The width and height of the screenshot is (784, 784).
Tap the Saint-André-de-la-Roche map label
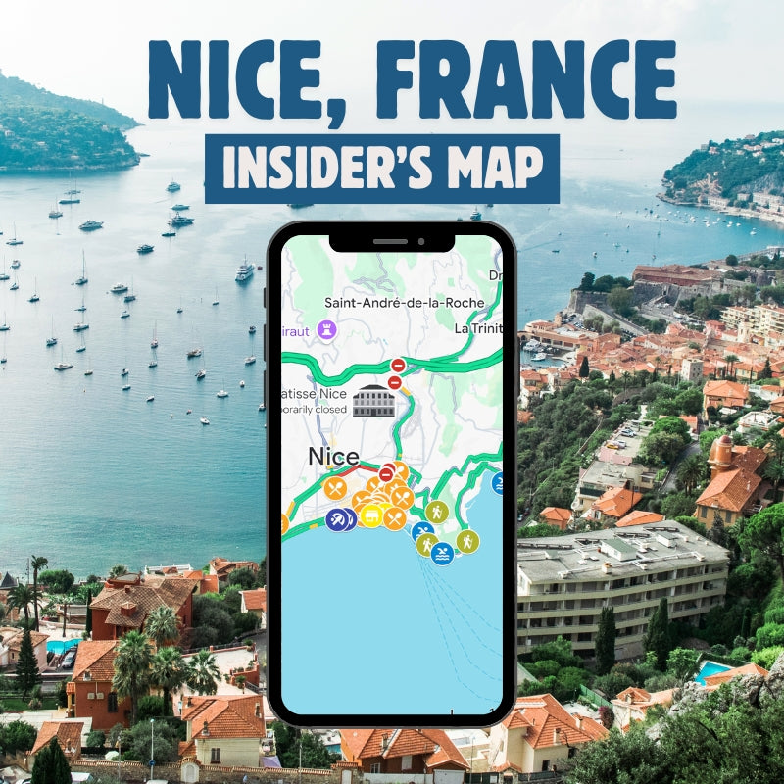pos(405,303)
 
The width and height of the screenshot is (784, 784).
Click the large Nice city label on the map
pos(333,456)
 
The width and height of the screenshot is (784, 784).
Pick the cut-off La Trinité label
pos(479,329)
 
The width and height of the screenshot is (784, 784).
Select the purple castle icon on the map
pos(328,330)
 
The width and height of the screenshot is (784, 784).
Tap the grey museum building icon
pos(372,400)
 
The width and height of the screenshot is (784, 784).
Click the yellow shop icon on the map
pos(371,515)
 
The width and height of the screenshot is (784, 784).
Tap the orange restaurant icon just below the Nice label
pos(335,487)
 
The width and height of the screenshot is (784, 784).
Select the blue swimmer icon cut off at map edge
pos(498,482)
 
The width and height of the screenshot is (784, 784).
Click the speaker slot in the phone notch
pos(390,241)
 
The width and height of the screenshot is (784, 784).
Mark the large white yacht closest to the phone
pos(244,270)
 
